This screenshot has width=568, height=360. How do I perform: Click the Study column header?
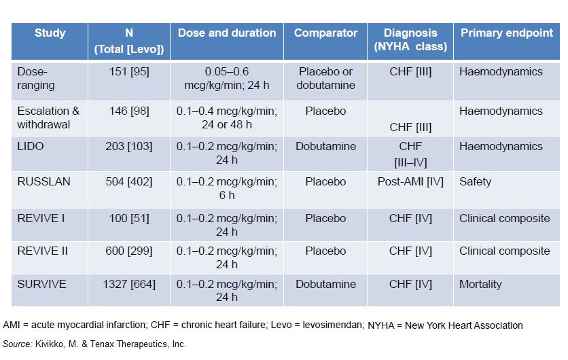coord(50,33)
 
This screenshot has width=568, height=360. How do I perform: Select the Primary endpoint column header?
coord(506,33)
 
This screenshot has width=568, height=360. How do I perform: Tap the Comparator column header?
coord(325,33)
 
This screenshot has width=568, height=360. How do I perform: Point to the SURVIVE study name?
coord(42,285)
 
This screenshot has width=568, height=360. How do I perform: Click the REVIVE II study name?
coord(43,251)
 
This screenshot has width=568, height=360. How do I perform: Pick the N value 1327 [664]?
coord(128,285)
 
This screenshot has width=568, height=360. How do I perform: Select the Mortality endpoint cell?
coord(481,285)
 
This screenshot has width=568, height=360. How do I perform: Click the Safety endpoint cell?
coord(476,182)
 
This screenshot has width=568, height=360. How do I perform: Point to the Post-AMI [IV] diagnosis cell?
coord(410,182)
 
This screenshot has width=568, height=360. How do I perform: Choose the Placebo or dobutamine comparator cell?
coord(325,77)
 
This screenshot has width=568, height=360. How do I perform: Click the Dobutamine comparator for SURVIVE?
coord(325,285)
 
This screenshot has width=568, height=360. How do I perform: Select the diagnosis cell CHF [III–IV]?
coord(410,153)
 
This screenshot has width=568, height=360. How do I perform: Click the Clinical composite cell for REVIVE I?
coord(504,218)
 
